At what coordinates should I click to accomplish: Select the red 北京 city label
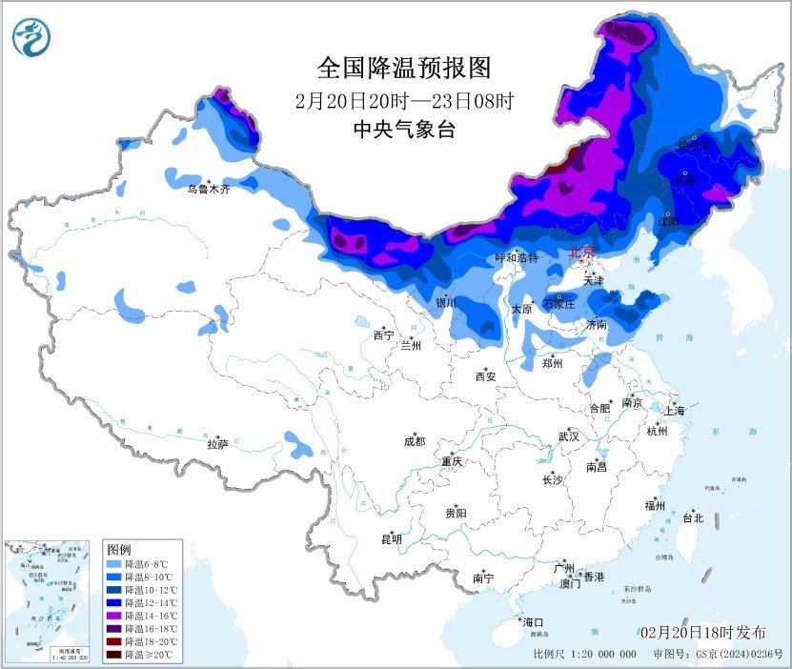click(x=580, y=252)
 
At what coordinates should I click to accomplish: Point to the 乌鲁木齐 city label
click(x=208, y=190)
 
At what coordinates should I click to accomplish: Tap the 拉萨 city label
click(x=218, y=443)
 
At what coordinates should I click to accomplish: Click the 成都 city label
click(x=415, y=441)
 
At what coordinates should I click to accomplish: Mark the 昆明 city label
click(x=392, y=539)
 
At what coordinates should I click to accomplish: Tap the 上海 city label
click(x=675, y=411)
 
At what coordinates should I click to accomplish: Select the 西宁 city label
click(x=383, y=335)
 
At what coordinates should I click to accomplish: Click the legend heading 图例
click(x=119, y=551)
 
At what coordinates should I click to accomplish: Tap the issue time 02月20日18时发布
click(x=702, y=632)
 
